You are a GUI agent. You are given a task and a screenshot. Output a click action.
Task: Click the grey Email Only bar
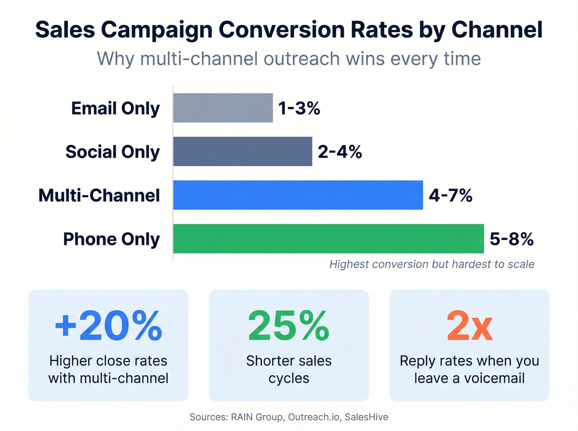click(x=223, y=108)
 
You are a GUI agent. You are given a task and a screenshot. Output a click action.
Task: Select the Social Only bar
click(x=243, y=151)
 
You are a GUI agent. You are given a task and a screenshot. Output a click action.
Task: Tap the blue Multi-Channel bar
click(x=298, y=195)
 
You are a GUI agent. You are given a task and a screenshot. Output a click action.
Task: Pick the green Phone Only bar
click(x=328, y=239)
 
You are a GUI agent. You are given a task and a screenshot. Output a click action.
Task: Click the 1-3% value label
click(x=299, y=108)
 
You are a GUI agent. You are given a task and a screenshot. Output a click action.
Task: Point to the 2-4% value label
click(x=340, y=152)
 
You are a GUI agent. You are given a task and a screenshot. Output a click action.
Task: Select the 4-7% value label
click(x=450, y=195)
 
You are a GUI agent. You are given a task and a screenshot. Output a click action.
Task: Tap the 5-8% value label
click(x=512, y=239)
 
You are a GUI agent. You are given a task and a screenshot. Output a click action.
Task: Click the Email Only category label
click(x=115, y=108)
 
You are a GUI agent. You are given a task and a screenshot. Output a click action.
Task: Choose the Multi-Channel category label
click(x=99, y=195)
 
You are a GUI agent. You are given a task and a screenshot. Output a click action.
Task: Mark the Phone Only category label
click(x=111, y=239)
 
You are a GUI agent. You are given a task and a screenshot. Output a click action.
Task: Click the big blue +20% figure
click(x=108, y=326)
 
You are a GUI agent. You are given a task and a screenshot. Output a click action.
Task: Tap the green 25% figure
click(x=289, y=326)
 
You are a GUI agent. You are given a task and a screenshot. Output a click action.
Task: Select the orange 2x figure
click(x=469, y=326)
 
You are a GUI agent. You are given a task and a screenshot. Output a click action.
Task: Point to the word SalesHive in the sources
click(x=366, y=417)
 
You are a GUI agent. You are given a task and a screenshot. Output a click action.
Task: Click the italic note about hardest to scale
click(x=431, y=264)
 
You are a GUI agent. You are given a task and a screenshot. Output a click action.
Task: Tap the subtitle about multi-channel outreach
click(x=289, y=59)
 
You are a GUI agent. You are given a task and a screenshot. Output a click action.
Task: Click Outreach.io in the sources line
click(x=314, y=417)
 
